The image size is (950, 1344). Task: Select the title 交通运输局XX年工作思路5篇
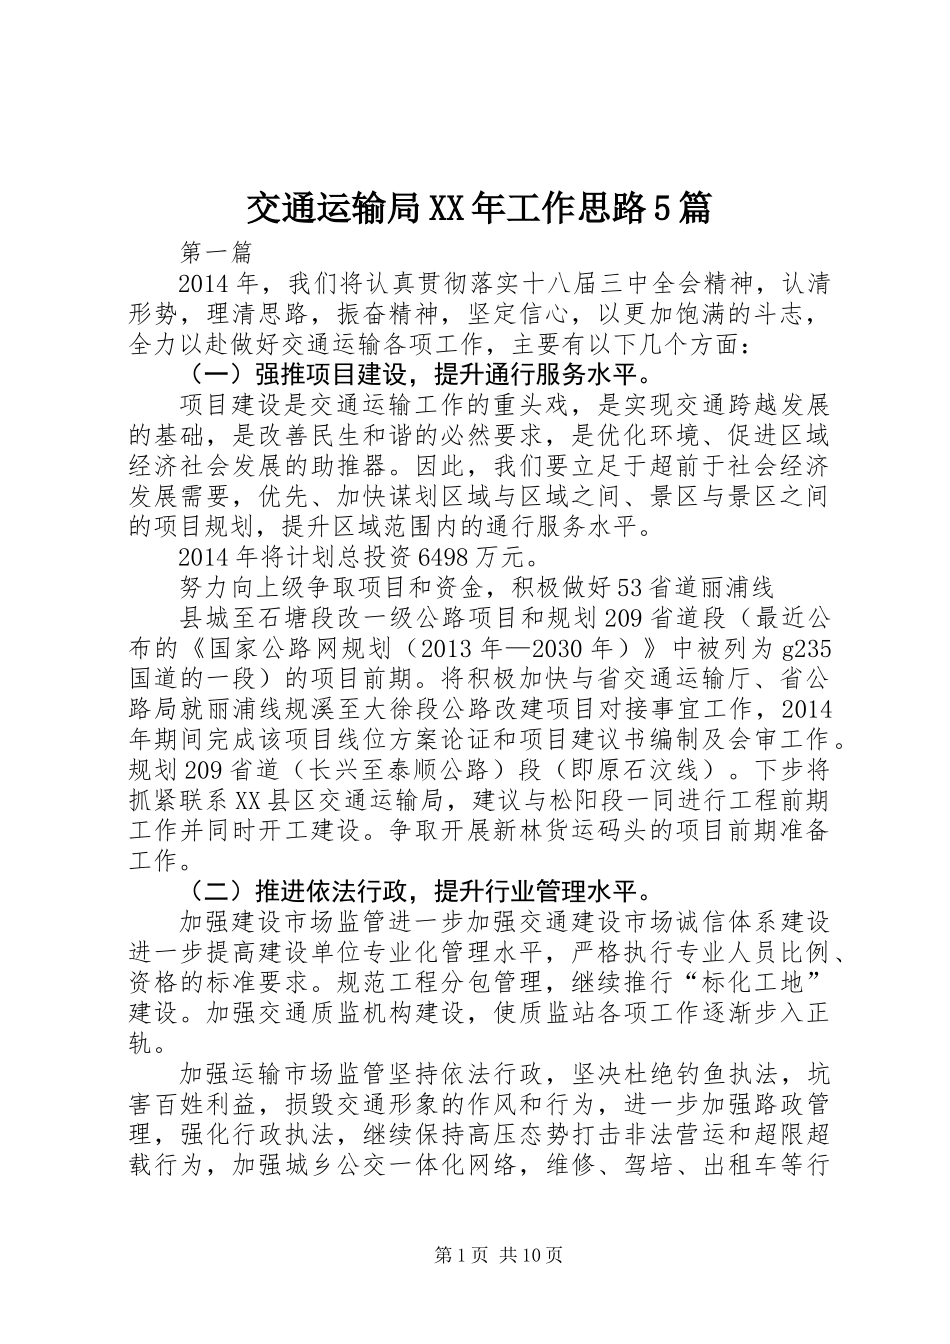coord(478,207)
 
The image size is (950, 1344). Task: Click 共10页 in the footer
coord(531,1254)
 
